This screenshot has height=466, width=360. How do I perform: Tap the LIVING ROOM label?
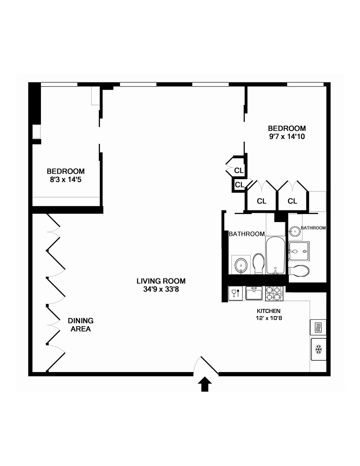click(x=161, y=281)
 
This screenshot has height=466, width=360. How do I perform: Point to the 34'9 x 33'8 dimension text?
click(x=161, y=290)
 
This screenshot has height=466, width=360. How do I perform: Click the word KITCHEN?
click(x=268, y=311)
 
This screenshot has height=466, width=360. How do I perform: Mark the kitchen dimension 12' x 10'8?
click(x=268, y=318)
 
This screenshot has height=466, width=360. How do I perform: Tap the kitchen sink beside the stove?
click(x=253, y=294)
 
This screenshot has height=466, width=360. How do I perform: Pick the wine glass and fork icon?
click(x=235, y=294)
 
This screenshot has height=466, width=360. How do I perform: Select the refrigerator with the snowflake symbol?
click(x=319, y=350)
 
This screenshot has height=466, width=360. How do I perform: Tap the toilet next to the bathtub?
click(x=258, y=264)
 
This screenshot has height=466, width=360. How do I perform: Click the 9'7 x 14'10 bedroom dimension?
click(x=287, y=136)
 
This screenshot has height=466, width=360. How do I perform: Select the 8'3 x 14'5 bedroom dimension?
click(x=65, y=179)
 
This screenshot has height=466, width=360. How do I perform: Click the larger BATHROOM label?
click(x=246, y=234)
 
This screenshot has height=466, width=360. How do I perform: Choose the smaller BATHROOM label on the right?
click(x=313, y=228)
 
